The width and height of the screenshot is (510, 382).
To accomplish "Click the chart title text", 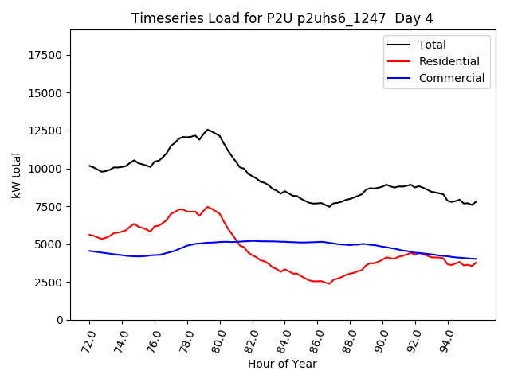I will point(283,18).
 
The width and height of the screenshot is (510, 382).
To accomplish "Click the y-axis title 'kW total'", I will point(17,175).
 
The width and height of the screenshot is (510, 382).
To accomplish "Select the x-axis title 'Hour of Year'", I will point(282,364).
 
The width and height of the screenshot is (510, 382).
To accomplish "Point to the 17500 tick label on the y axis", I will point(47,55).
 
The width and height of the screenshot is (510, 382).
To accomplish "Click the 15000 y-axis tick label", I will point(47,93).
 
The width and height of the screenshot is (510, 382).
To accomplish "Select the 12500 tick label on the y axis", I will point(47,131).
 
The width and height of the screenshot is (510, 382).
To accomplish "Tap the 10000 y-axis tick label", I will point(47,169).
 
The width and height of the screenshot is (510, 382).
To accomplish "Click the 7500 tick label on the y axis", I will point(50,207).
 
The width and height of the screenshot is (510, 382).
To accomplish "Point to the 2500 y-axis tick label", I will point(50,283).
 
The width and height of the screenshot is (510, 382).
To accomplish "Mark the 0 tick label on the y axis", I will point(61,320).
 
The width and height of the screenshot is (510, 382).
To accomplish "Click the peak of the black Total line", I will point(207,130).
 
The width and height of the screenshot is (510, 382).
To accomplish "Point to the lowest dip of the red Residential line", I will point(329,283).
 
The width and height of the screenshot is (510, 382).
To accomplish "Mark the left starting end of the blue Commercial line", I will point(89,251).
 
